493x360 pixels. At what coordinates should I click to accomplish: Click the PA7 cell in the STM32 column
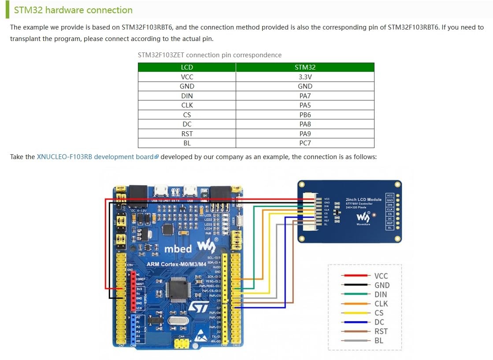coord(305,96)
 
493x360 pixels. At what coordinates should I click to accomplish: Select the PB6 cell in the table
coord(305,115)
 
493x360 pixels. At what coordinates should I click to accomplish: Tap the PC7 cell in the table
coord(305,143)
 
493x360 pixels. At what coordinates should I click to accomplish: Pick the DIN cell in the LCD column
coord(187,96)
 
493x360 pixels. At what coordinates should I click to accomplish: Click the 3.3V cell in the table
coord(305,77)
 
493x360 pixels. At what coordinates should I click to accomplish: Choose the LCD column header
coord(187,67)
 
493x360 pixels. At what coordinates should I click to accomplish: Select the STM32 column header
coord(305,67)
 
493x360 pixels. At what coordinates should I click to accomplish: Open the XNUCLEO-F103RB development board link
coord(95,157)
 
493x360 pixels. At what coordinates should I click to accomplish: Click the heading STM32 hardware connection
coord(73,10)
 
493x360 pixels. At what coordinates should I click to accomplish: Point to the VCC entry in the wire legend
coord(381,276)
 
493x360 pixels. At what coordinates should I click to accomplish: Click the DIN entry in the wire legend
coord(381,294)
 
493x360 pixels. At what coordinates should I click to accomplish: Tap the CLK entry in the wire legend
coord(381,304)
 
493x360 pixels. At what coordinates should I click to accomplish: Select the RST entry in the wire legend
coord(381,331)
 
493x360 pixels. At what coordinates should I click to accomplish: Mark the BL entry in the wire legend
coord(378,341)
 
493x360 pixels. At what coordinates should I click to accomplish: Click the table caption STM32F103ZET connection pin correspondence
coord(210,55)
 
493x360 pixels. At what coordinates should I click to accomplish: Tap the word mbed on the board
coord(178,249)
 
